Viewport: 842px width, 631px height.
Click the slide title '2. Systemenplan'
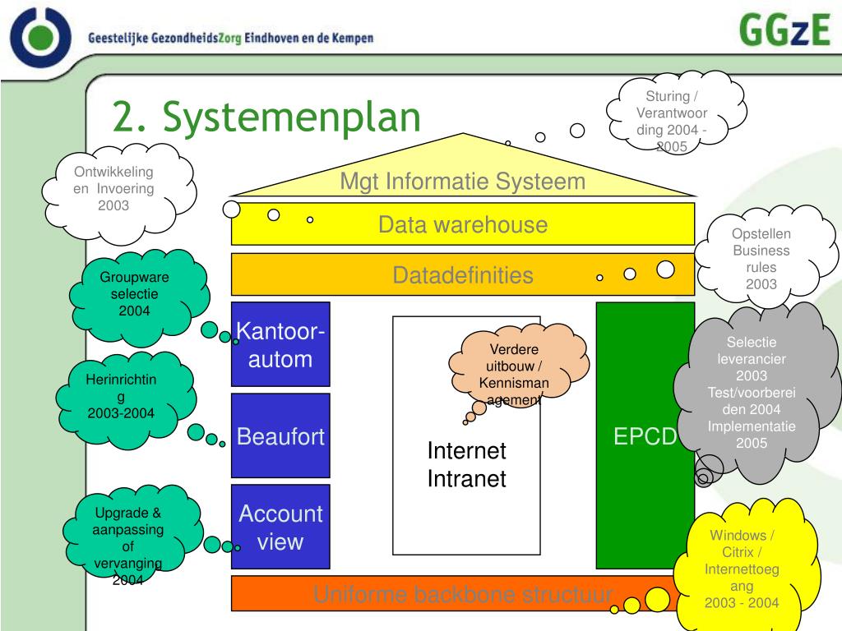266,117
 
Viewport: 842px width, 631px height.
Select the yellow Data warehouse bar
462,225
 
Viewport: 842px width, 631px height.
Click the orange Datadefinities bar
462,275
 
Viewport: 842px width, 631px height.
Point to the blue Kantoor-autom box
280,345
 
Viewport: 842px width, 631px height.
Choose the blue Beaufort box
280,436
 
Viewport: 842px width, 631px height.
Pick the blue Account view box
280,527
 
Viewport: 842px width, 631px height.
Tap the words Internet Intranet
466,464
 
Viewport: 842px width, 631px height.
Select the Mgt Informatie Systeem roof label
463,182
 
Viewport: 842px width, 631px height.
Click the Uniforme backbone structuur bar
462,594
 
